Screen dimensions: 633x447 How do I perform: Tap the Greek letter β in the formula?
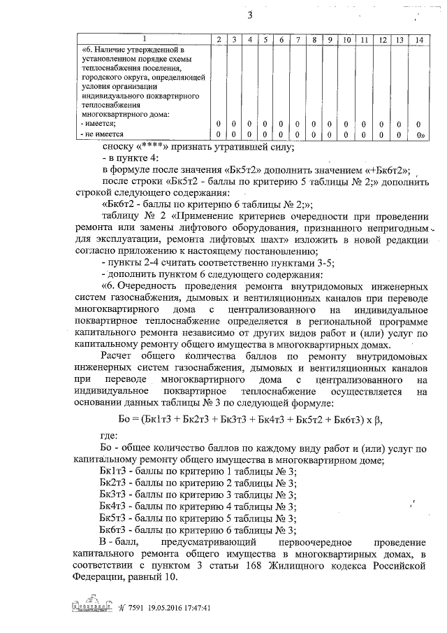coord(379,420)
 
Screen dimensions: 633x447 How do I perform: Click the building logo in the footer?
coord(92,607)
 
